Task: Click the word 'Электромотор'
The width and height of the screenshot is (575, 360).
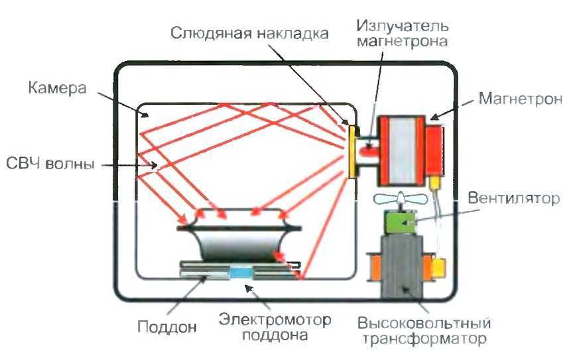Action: pyautogui.click(x=275, y=320)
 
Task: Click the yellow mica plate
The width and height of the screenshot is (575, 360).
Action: pyautogui.click(x=350, y=152)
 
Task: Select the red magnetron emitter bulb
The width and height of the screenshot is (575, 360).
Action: pyautogui.click(x=367, y=152)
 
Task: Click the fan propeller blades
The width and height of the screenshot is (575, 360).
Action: pyautogui.click(x=397, y=199)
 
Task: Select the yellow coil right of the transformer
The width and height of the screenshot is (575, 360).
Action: pyautogui.click(x=438, y=268)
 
